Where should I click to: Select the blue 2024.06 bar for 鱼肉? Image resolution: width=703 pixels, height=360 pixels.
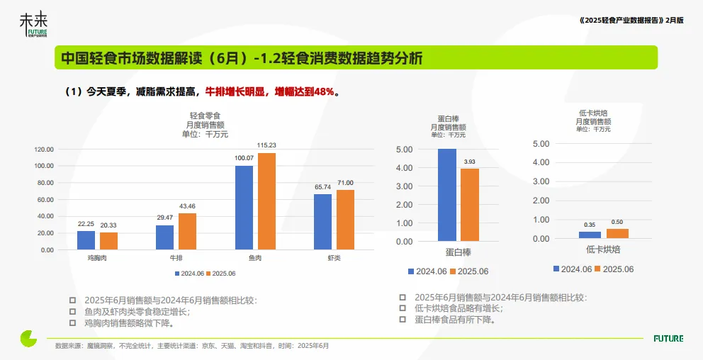[x=244, y=208]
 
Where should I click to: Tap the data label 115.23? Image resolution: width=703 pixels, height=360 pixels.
[x=266, y=145]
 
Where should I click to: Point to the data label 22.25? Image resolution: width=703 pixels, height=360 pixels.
[x=86, y=223]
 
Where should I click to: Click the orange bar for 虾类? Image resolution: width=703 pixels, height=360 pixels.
[x=345, y=220]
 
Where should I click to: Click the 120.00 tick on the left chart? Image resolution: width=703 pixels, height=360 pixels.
[x=44, y=150]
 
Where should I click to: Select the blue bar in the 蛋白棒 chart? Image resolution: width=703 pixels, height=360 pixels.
[x=446, y=195]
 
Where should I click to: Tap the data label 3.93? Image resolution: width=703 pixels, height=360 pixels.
[x=470, y=162]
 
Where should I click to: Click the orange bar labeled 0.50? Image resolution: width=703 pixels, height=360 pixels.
[x=617, y=233]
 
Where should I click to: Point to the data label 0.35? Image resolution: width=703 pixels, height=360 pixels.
[x=590, y=225]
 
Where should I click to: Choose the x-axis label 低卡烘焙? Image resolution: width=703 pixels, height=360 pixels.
[x=602, y=251]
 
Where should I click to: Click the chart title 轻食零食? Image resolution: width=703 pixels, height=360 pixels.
[x=206, y=116]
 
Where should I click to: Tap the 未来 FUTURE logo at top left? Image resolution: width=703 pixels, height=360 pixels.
[x=34, y=26]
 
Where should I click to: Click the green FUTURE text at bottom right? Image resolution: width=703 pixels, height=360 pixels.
[x=668, y=339]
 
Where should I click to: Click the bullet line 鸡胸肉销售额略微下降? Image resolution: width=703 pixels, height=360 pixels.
[x=129, y=323]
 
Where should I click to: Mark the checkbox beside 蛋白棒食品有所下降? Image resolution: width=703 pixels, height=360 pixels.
[x=403, y=320]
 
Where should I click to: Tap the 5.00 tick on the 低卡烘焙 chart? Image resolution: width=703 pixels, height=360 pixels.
[x=541, y=143]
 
